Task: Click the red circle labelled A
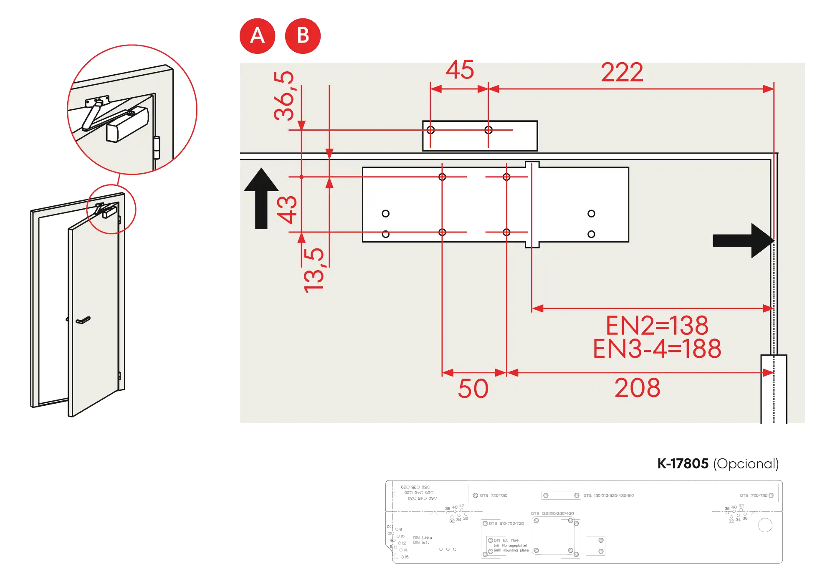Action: pos(257,36)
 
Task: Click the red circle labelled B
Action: pos(303,36)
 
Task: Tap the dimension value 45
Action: pos(460,70)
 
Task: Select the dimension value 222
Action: pos(622,73)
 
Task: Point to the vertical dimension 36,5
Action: pos(284,96)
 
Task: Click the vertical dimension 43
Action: pos(287,210)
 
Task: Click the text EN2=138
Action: pos(657,326)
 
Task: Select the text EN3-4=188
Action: pos(657,349)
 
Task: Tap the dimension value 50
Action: pos(473,389)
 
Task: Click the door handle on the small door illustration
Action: pos(83,321)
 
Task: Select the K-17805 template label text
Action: pos(718,464)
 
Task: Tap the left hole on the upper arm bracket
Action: pos(431,130)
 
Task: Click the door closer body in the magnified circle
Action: pos(127,124)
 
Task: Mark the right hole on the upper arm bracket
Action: pos(488,130)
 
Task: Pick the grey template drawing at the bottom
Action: pos(584,521)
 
